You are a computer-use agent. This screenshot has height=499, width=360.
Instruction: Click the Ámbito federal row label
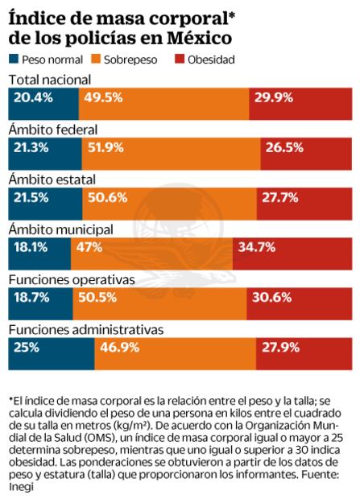[52, 130]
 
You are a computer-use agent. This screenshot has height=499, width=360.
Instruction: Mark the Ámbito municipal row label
[60, 229]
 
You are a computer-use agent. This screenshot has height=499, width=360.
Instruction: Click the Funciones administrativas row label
[86, 329]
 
